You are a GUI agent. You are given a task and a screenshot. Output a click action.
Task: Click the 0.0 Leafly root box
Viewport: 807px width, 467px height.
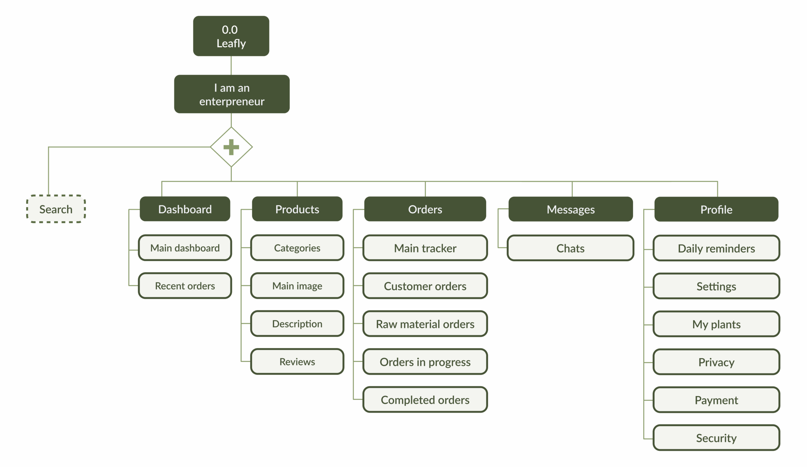coord(231,36)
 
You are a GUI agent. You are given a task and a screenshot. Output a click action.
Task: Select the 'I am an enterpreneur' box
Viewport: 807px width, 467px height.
coord(231,94)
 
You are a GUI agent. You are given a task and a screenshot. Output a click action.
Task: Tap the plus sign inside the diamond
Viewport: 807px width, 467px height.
coord(231,147)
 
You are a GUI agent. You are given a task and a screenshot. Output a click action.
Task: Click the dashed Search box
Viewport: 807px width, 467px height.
coord(56,209)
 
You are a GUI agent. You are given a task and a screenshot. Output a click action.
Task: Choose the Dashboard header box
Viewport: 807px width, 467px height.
coord(185,209)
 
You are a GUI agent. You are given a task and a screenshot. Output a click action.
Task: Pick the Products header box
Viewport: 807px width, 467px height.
coord(297,209)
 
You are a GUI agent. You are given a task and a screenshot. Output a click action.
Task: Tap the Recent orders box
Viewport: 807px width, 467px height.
coord(185,286)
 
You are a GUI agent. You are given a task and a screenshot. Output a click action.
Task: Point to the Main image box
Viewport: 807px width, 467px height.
coord(297,286)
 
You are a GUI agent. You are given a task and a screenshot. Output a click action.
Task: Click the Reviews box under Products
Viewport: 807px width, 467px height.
coord(297,361)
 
